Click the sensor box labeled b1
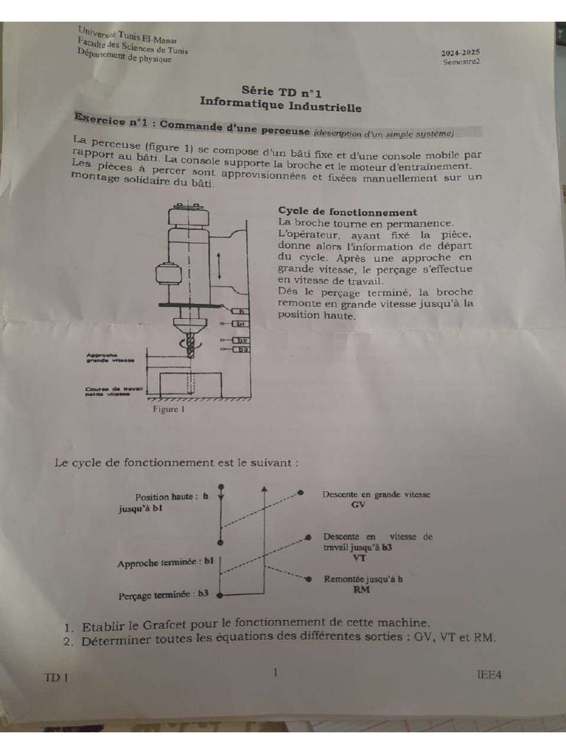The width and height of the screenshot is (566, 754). [240, 324]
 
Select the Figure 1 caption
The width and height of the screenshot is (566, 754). [167, 409]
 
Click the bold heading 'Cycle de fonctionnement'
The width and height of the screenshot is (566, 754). [347, 212]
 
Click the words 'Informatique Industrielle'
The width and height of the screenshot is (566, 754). [281, 106]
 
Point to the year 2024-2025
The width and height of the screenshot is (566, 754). [461, 53]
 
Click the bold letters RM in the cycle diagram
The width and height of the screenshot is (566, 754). [361, 591]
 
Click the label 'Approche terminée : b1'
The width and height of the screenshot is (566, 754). [166, 563]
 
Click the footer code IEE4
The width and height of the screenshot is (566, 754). [490, 673]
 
